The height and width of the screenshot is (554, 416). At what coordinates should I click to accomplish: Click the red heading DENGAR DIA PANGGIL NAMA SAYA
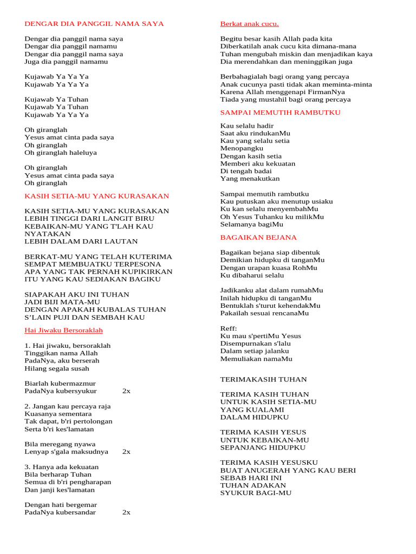pyautogui.click(x=94, y=24)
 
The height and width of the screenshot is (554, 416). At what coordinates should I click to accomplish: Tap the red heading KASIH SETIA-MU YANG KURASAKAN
pyautogui.click(x=97, y=196)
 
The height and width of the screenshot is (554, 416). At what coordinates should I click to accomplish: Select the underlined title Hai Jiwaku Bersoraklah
pyautogui.click(x=63, y=330)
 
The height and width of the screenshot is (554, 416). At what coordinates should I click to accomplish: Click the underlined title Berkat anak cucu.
pyautogui.click(x=249, y=24)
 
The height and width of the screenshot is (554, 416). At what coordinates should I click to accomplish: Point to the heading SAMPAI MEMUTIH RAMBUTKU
pyautogui.click(x=280, y=113)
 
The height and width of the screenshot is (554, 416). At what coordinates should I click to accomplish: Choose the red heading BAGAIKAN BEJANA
pyautogui.click(x=258, y=238)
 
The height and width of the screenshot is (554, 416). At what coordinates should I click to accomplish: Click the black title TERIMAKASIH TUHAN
pyautogui.click(x=263, y=379)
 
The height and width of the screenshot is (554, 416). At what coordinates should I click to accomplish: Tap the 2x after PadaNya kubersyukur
pyautogui.click(x=126, y=391)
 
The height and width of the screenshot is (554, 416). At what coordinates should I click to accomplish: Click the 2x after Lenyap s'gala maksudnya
pyautogui.click(x=126, y=452)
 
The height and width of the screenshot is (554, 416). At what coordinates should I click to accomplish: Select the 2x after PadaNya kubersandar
pyautogui.click(x=126, y=512)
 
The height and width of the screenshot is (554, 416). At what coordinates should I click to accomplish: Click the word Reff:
pyautogui.click(x=229, y=328)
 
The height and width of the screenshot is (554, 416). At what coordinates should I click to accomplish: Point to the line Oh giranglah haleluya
pyautogui.click(x=61, y=153)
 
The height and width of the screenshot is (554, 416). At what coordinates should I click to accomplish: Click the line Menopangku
pyautogui.click(x=242, y=148)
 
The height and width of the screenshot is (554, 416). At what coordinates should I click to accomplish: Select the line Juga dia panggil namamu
pyautogui.click(x=66, y=62)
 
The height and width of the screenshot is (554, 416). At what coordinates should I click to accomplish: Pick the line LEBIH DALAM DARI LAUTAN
pyautogui.click(x=81, y=241)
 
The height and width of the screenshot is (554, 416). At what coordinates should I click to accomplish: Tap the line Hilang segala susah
pyautogui.click(x=57, y=368)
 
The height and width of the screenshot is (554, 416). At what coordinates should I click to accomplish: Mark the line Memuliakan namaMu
pyautogui.click(x=256, y=359)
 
